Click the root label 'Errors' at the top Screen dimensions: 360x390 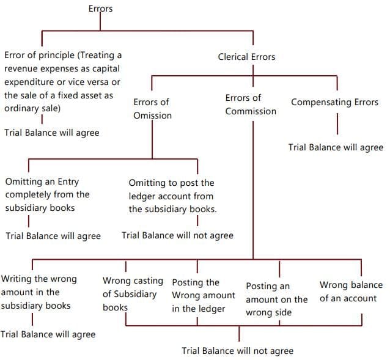tap(100, 9)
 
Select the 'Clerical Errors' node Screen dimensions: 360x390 tap(246, 57)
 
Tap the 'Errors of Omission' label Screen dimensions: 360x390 tap(152, 109)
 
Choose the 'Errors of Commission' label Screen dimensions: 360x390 tap(250, 105)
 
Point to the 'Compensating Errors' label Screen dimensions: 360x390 tap(334, 102)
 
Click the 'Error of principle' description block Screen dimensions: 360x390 tap(62, 81)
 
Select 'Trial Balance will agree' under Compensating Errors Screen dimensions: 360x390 tap(336, 147)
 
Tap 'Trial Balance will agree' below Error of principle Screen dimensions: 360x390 tap(51, 132)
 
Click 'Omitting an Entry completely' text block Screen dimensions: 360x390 tap(48, 194)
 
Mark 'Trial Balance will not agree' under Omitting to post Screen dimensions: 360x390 tap(177, 235)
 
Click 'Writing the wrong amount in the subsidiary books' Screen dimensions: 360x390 tap(39, 292)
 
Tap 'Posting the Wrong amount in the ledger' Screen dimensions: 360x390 tap(203, 296)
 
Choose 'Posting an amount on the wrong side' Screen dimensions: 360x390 tap(276, 299)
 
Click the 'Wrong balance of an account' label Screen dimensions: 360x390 tap(350, 291)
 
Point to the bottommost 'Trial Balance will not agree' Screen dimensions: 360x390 tap(237, 351)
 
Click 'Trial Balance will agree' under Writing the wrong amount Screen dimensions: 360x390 tap(48, 334)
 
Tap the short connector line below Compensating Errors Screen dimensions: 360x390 tap(337, 123)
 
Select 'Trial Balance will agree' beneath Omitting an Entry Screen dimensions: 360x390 tap(53, 236)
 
